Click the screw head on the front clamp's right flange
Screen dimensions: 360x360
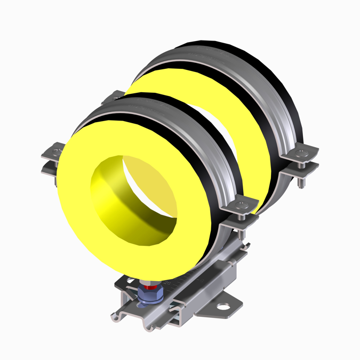[x=238, y=204]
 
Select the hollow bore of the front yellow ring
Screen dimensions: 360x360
[x=133, y=192]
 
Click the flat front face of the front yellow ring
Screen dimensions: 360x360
[x=80, y=213]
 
